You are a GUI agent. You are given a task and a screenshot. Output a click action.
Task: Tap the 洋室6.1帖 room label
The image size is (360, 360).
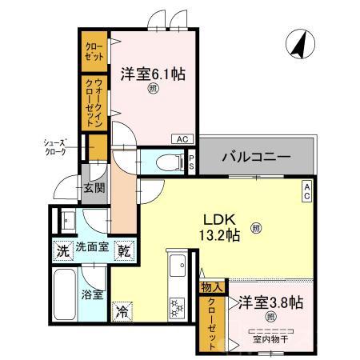pyautogui.click(x=153, y=74)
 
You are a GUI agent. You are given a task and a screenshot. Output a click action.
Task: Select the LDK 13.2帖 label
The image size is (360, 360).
pyautogui.click(x=218, y=226)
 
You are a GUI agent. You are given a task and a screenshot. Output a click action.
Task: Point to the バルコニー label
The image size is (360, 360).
pyautogui.click(x=255, y=157)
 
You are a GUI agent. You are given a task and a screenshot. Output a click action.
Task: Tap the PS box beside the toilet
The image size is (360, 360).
pyautogui.click(x=192, y=161)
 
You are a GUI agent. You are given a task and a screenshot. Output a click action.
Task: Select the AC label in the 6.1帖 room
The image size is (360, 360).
pyautogui.click(x=182, y=138)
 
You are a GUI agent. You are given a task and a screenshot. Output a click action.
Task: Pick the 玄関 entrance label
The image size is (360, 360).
pyautogui.click(x=94, y=189)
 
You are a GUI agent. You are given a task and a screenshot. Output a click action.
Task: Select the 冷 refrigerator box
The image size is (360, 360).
pyautogui.click(x=123, y=310)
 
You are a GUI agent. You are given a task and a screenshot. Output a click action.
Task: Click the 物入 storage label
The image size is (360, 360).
pyautogui.click(x=212, y=286)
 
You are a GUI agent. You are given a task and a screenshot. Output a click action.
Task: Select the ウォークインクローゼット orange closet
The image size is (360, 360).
pyautogui.click(x=94, y=102)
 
